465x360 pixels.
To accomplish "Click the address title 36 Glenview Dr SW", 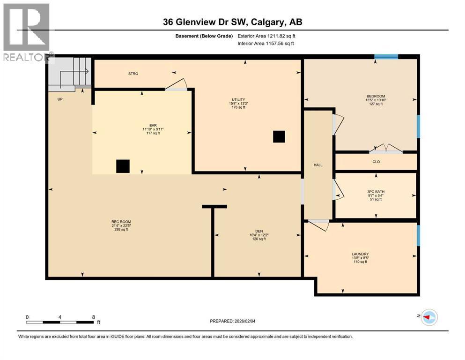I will (x=232, y=22).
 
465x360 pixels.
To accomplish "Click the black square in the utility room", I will (x=279, y=136).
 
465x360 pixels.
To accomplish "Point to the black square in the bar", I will (x=123, y=166).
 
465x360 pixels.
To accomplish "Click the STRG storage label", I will (x=133, y=74).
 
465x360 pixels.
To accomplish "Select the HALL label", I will (x=318, y=165).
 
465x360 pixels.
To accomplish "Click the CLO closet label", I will (x=376, y=162).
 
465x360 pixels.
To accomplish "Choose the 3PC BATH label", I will (x=376, y=192).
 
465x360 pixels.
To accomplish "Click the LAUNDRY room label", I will (x=361, y=254).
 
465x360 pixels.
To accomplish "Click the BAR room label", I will (x=153, y=125).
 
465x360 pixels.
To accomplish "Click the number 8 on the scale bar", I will (x=93, y=317).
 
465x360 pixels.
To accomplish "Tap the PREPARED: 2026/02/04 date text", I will (x=232, y=322).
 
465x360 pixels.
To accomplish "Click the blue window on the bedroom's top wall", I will (x=386, y=57).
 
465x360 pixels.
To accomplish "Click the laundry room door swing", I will (x=319, y=225).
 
